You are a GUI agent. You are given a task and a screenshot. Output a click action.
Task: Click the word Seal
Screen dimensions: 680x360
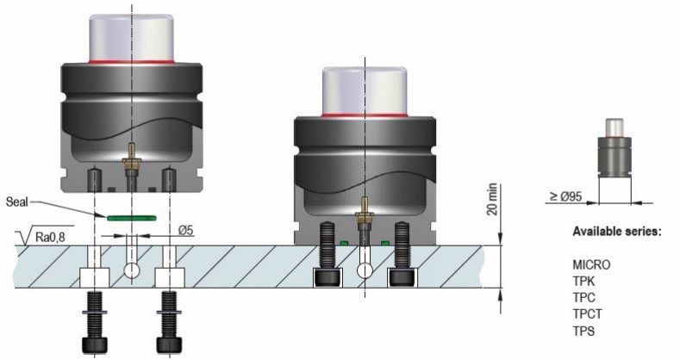pos(16,202)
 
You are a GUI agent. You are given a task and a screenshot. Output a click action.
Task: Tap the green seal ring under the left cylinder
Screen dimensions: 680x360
pos(132,218)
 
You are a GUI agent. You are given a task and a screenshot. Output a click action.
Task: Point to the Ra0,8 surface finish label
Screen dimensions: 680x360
pos(50,237)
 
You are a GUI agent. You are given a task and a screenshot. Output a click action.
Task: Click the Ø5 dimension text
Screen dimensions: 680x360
pos(185,230)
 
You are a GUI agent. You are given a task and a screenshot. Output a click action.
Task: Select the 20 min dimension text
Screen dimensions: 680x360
pos(492,200)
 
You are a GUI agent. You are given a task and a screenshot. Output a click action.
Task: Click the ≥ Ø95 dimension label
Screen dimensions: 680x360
pos(566,196)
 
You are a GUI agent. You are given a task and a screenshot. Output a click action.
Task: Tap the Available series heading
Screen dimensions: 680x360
pos(617,232)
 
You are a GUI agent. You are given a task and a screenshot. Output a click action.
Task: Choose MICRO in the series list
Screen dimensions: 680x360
pos(591,264)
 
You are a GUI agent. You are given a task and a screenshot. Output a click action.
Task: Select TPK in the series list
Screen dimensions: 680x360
pos(583,281)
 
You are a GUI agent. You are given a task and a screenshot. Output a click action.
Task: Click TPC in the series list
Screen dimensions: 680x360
pos(583,298)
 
